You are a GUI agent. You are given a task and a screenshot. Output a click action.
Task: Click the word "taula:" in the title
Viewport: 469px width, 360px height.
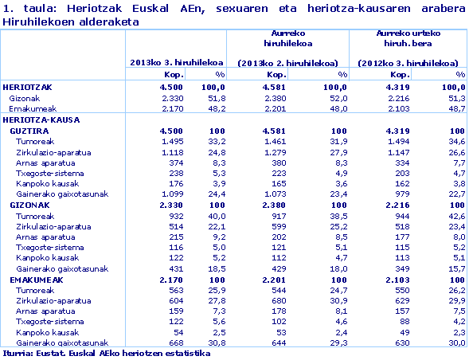pos(33,8)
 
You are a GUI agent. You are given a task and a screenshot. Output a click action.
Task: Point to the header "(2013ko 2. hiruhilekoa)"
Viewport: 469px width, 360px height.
pos(287,62)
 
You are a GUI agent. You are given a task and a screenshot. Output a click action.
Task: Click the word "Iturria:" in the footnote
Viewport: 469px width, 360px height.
pos(16,353)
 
